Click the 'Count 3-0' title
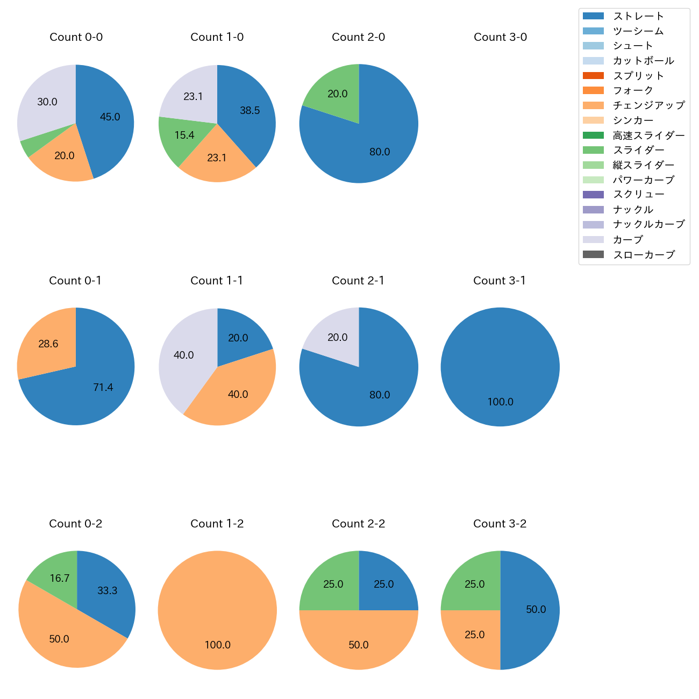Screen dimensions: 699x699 coord(500,37)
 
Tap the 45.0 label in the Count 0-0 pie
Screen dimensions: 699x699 coord(110,117)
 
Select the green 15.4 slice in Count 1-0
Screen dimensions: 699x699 coord(180,137)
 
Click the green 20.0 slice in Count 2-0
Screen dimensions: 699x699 coord(334,92)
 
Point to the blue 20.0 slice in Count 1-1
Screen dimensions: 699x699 coord(239,336)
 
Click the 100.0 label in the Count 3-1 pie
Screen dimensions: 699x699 coord(500,402)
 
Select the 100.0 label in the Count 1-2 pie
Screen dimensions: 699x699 coord(217,645)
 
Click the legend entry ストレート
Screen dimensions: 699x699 coord(638,16)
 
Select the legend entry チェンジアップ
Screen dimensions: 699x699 coord(648,105)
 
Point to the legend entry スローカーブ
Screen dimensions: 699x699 coord(644,255)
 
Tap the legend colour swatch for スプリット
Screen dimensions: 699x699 coord(593,76)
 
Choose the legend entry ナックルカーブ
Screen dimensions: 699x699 coord(648,224)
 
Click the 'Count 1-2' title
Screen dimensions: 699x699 coord(217,524)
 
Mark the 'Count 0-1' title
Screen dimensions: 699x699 coord(75,281)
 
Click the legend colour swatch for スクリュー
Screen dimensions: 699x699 coord(593,195)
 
